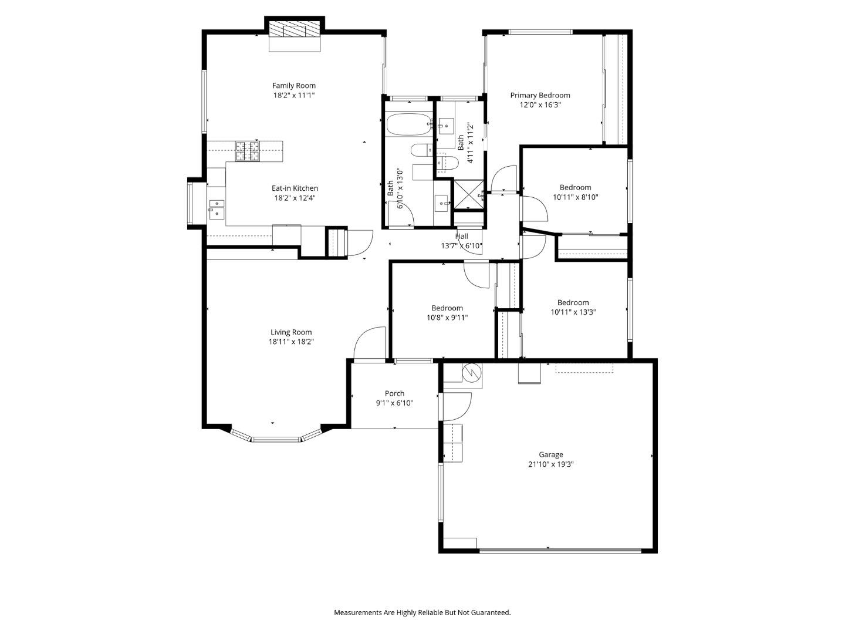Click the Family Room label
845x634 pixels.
[293, 86]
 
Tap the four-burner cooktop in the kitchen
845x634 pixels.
[247, 151]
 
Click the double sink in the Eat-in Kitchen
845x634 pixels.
[217, 209]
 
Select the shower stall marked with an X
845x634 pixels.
[468, 195]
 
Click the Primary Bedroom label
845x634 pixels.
[540, 95]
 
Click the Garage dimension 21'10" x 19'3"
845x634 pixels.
[550, 464]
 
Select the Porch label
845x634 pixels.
[394, 393]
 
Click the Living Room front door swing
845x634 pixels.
[369, 343]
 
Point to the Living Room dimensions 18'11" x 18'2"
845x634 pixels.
[291, 342]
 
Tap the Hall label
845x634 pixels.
[462, 237]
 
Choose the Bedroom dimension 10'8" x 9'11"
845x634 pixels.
[447, 318]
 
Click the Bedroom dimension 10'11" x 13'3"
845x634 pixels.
[573, 312]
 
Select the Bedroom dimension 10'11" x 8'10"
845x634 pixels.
[575, 197]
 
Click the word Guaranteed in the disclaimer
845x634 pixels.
[491, 612]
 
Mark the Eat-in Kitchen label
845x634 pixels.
[295, 188]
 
